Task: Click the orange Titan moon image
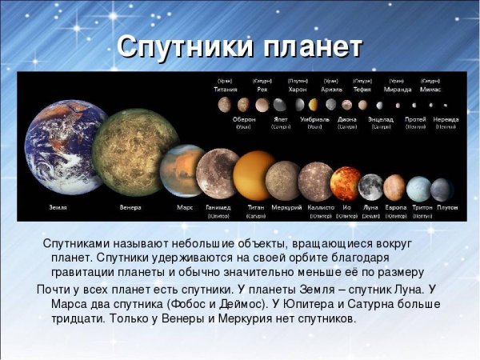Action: pyautogui.click(x=255, y=175)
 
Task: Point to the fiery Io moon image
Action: pyautogui.click(x=346, y=183)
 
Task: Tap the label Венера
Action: pyautogui.click(x=130, y=207)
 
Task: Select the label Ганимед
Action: pyautogui.click(x=218, y=207)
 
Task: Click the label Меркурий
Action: pyautogui.click(x=286, y=207)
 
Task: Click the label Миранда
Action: pyautogui.click(x=398, y=90)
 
